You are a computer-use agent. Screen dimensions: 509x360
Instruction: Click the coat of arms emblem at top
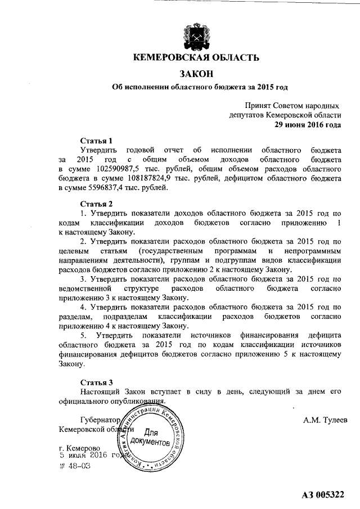196,35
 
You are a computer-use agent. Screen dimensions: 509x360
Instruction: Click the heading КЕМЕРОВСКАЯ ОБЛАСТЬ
196,57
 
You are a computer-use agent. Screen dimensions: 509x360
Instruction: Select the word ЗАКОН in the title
196,73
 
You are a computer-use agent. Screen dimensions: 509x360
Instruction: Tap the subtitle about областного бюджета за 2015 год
196,87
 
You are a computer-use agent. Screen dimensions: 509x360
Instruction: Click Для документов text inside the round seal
149,438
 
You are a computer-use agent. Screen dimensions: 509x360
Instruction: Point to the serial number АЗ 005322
322,494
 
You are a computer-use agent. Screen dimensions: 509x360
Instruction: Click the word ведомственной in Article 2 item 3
86,289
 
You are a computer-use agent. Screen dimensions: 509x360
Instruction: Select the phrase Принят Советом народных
292,105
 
